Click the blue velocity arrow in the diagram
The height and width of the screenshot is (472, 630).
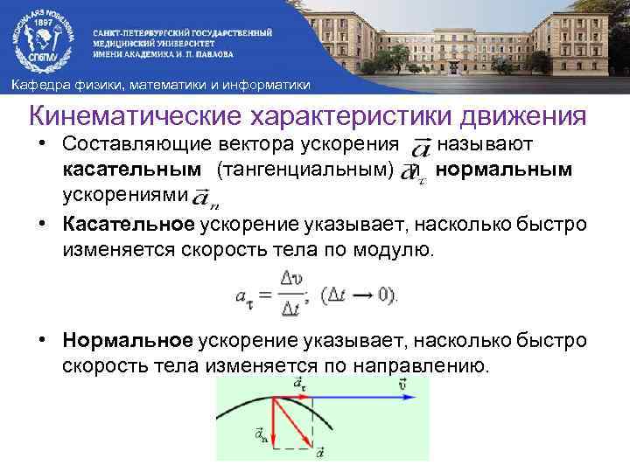click(350, 396)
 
